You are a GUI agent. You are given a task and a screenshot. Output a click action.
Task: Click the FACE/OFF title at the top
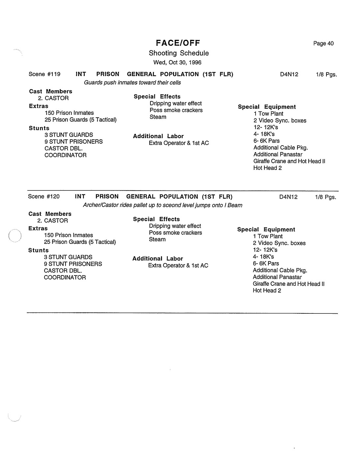pyautogui.click(x=178, y=43)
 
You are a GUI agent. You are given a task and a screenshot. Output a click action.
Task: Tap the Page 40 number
pyautogui.click(x=323, y=44)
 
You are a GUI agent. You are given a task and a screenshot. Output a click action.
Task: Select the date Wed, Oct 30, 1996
pyautogui.click(x=177, y=63)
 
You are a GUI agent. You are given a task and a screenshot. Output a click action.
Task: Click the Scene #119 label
pyautogui.click(x=44, y=74)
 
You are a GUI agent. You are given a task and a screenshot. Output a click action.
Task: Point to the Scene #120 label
pyautogui.click(x=44, y=197)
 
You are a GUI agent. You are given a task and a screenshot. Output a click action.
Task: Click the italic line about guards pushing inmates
pyautogui.click(x=132, y=83)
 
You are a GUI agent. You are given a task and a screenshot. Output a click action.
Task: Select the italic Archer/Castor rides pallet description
pyautogui.click(x=162, y=205)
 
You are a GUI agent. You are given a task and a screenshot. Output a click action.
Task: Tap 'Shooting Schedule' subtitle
pyautogui.click(x=179, y=53)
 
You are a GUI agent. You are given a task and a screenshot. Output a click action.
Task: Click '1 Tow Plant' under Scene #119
pyautogui.click(x=268, y=114)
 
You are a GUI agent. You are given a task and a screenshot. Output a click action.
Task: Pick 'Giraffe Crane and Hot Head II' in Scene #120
pyautogui.click(x=289, y=284)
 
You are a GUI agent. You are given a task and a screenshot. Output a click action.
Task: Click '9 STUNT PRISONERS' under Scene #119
pyautogui.click(x=73, y=142)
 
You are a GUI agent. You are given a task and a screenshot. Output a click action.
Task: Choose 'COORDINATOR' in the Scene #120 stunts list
pyautogui.click(x=65, y=277)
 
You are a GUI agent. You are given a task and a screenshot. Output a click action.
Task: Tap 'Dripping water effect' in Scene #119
pyautogui.click(x=176, y=103)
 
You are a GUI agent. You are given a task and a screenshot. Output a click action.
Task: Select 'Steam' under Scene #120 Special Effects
pyautogui.click(x=157, y=240)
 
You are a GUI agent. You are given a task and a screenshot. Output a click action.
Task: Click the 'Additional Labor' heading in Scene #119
pyautogui.click(x=158, y=136)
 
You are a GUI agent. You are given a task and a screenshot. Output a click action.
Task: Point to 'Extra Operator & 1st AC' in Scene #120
pyautogui.click(x=178, y=266)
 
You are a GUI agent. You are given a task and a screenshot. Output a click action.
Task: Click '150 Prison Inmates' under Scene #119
pyautogui.click(x=69, y=113)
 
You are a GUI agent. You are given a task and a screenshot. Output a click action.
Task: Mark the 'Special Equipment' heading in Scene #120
pyautogui.click(x=266, y=230)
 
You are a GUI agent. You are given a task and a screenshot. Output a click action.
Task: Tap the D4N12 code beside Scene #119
pyautogui.click(x=289, y=74)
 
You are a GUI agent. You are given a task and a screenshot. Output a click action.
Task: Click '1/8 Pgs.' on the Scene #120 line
pyautogui.click(x=325, y=197)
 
